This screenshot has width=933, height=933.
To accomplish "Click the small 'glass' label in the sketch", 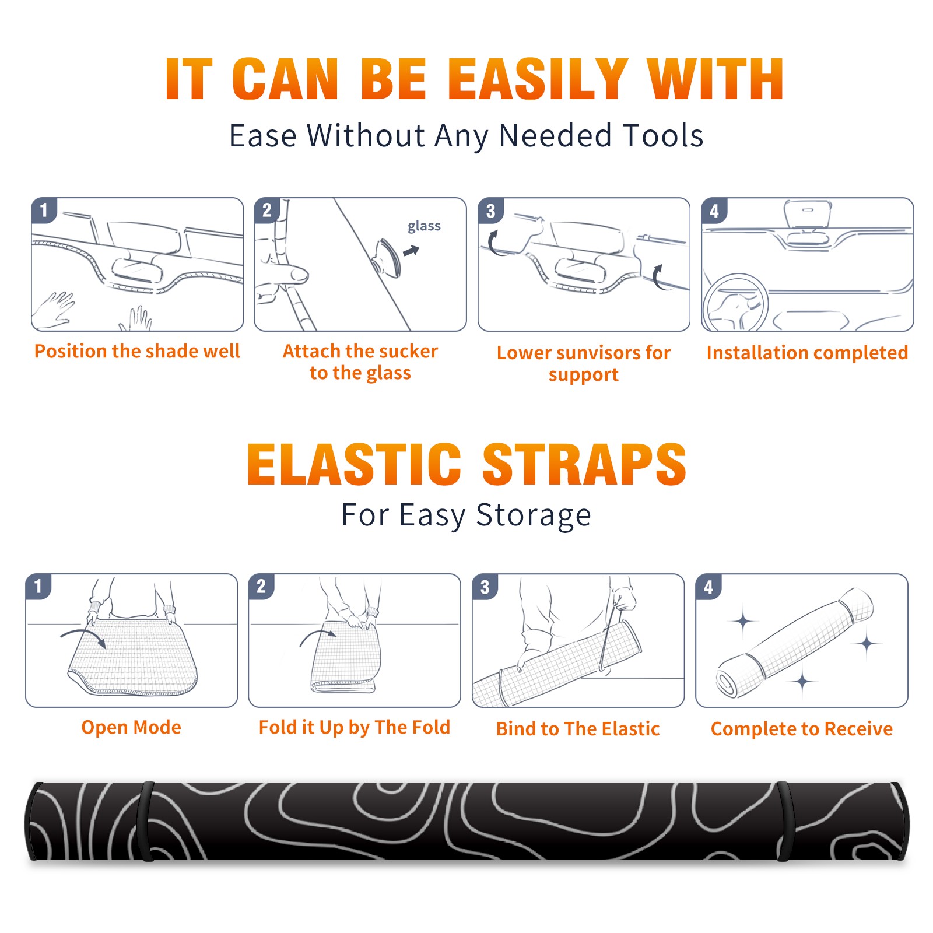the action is pyautogui.click(x=424, y=226).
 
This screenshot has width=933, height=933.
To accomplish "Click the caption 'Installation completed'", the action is pyautogui.click(x=807, y=353).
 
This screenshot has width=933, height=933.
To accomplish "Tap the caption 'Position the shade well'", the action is pyautogui.click(x=137, y=351).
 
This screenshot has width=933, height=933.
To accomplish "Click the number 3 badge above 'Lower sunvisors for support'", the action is pyautogui.click(x=490, y=211).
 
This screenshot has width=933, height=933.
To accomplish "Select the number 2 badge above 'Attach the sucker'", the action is pyautogui.click(x=266, y=210).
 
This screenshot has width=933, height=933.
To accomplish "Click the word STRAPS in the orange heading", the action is pyautogui.click(x=585, y=464).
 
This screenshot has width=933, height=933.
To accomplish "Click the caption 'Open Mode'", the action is pyautogui.click(x=131, y=727).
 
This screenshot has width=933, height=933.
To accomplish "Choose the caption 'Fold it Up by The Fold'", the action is pyautogui.click(x=355, y=727).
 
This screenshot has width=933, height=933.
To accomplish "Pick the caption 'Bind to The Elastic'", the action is pyautogui.click(x=578, y=729).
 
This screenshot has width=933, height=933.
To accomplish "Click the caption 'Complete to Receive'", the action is pyautogui.click(x=802, y=729).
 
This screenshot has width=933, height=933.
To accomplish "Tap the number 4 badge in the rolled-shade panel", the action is pyautogui.click(x=708, y=587).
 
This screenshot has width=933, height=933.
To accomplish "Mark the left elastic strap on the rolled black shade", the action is pyautogui.click(x=146, y=821).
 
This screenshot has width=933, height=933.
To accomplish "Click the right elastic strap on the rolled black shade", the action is pyautogui.click(x=784, y=821).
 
